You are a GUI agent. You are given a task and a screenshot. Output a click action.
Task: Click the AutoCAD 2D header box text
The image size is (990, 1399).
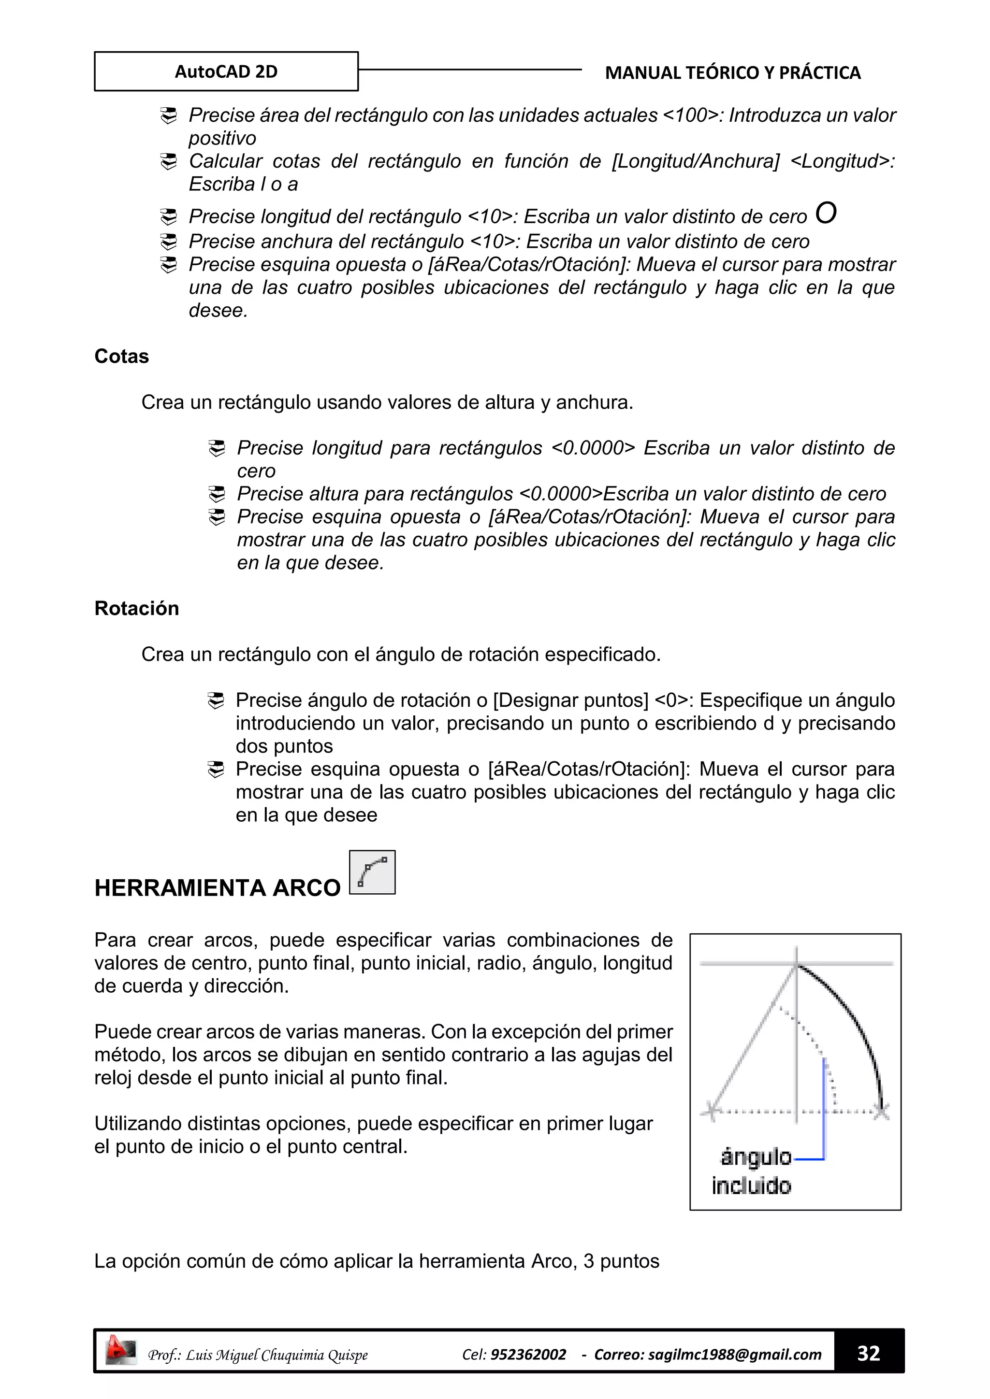coord(226,71)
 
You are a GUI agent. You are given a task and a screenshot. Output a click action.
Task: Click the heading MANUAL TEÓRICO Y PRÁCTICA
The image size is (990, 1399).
coord(732,72)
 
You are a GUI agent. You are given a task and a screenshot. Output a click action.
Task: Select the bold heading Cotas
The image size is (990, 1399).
coord(121,356)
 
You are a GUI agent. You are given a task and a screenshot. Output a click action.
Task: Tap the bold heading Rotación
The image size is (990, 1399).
coord(136,608)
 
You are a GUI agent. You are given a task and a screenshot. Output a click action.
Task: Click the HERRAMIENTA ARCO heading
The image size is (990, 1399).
coord(217,888)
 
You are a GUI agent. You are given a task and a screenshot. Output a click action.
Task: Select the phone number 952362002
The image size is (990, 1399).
coord(528,1355)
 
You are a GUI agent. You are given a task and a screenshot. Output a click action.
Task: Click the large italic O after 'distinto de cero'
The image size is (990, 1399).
coord(826,213)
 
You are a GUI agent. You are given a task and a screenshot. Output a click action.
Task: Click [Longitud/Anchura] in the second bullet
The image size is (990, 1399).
coord(696,161)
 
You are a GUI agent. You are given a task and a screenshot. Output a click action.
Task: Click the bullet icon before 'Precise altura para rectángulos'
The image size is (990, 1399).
coord(217,494)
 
